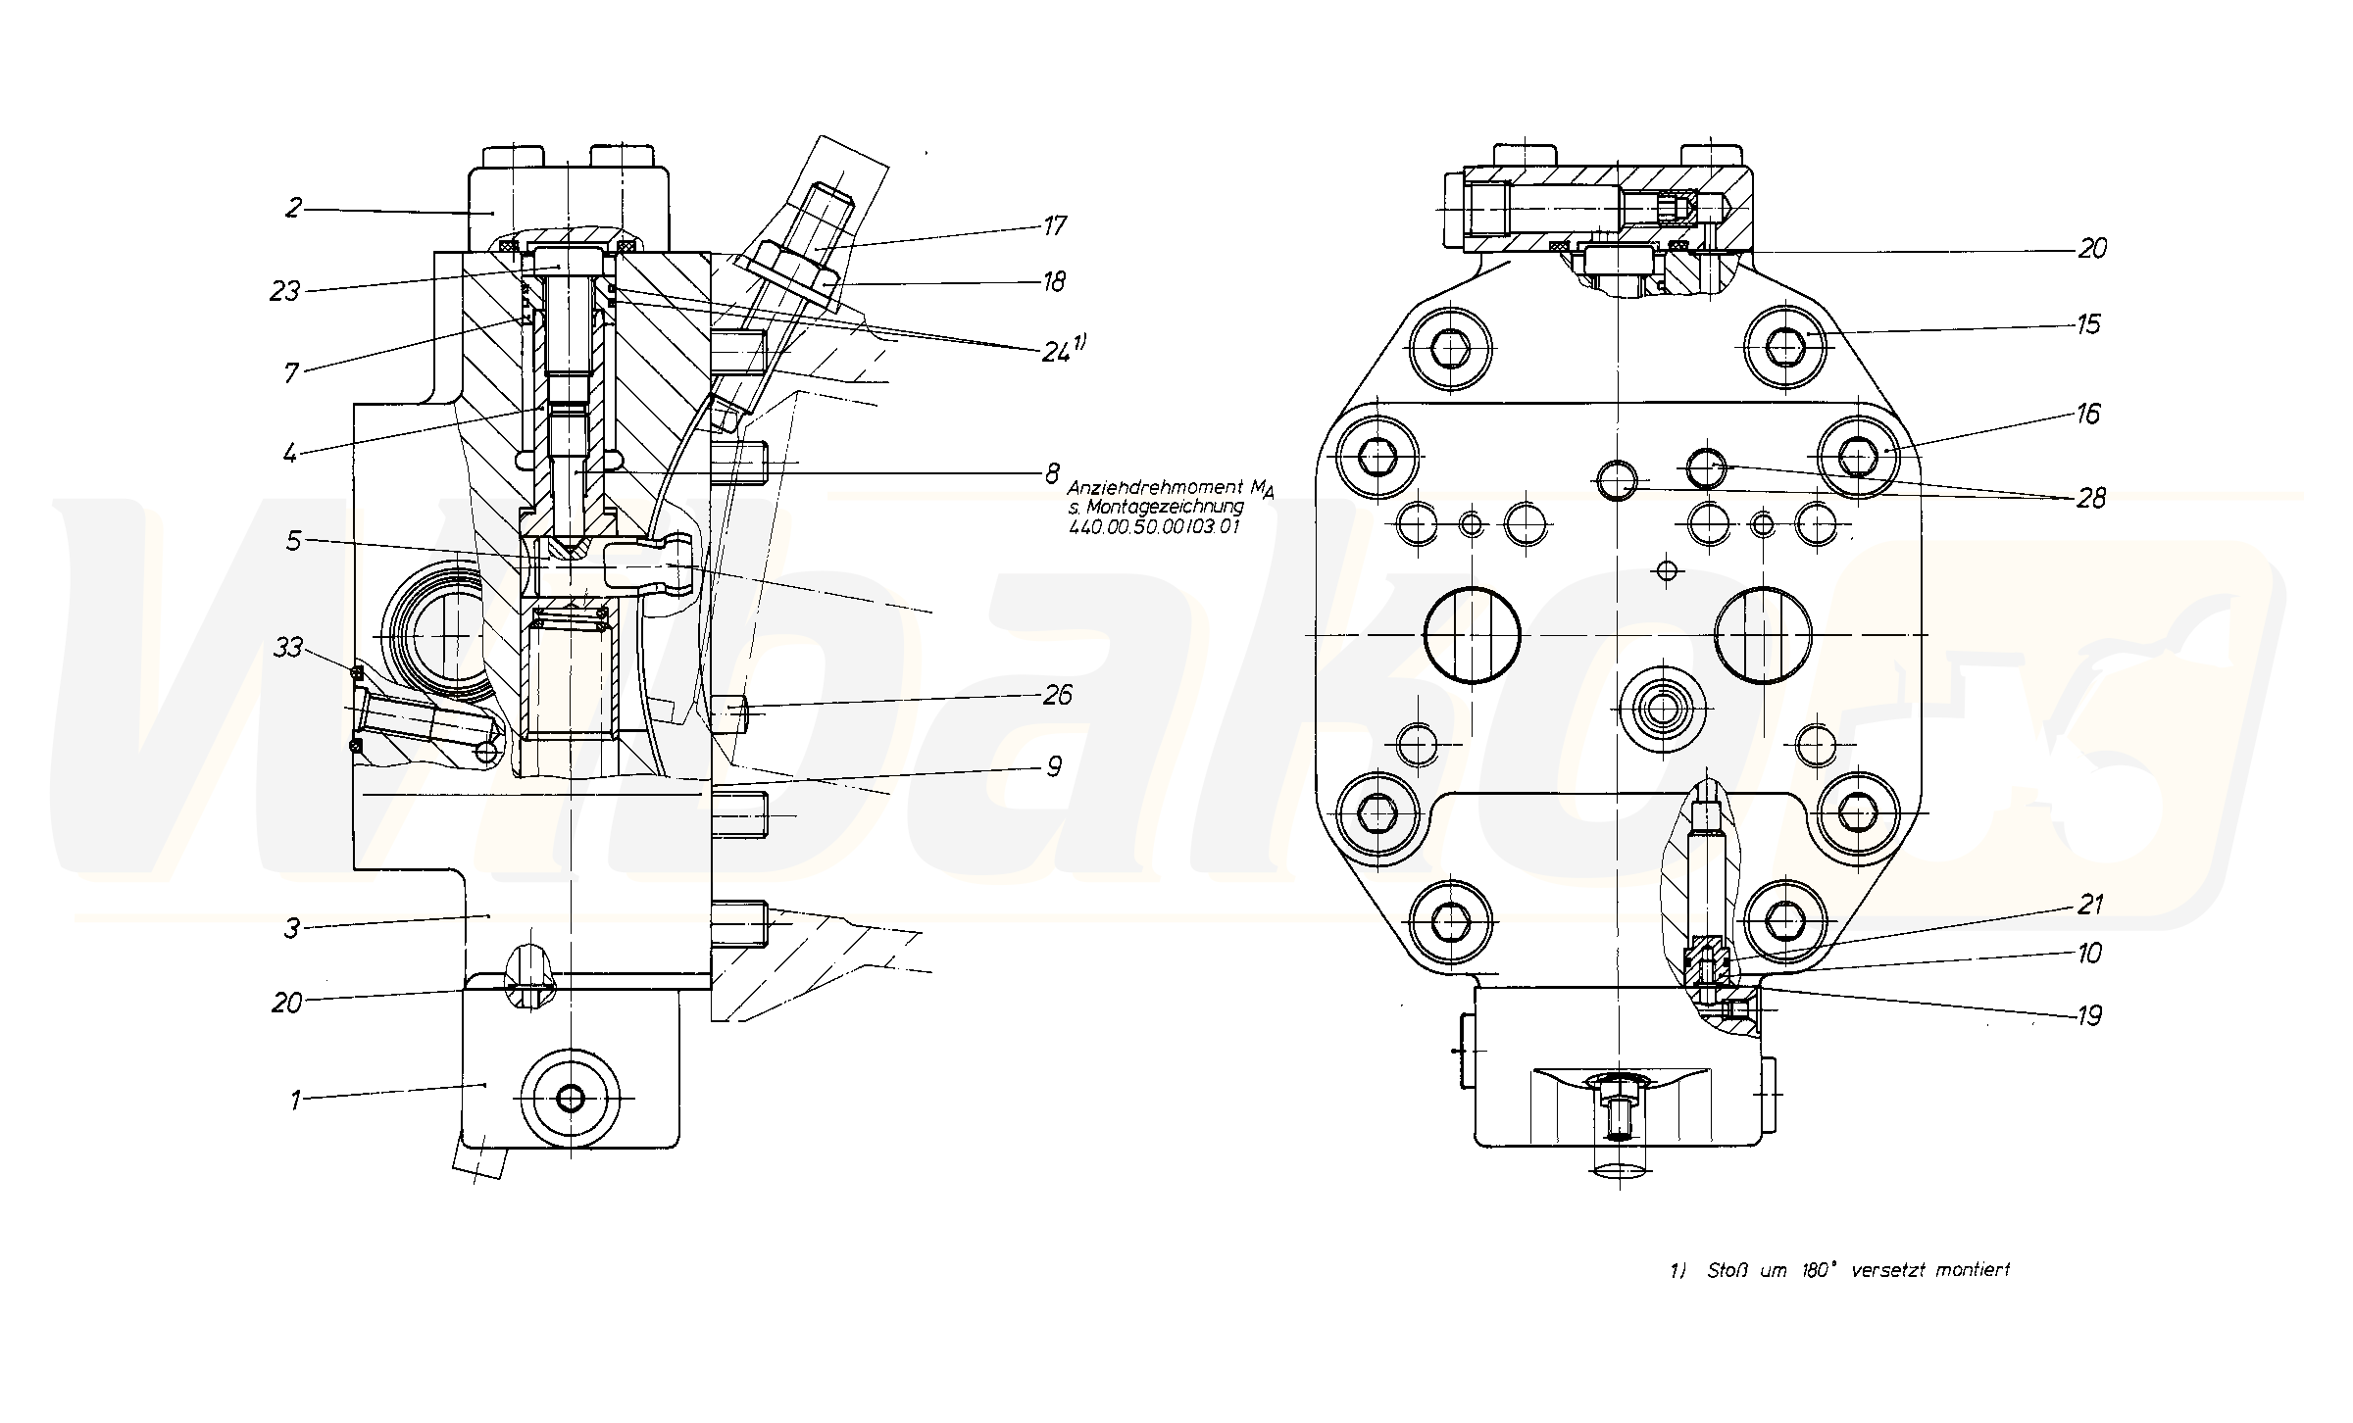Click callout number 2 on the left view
click(x=293, y=209)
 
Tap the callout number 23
click(x=285, y=291)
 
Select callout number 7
click(x=291, y=371)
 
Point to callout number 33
click(x=287, y=648)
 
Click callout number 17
click(x=1055, y=226)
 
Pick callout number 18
click(x=1054, y=282)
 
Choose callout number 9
click(x=1054, y=766)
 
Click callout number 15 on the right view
click(x=2088, y=324)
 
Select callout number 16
click(x=2088, y=415)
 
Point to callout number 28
click(x=2090, y=499)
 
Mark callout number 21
click(x=2090, y=904)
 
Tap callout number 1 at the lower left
click(x=294, y=1101)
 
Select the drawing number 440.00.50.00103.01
click(x=1154, y=526)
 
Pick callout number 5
click(x=293, y=541)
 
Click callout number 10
click(x=2089, y=953)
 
